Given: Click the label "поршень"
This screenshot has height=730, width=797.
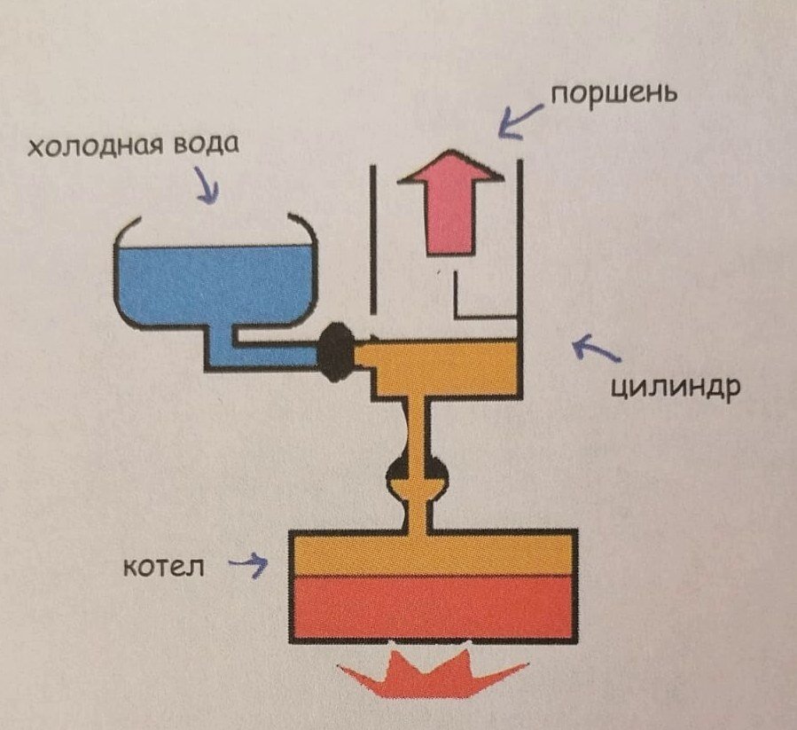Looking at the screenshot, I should [613, 93].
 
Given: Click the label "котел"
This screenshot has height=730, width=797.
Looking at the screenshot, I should [163, 565].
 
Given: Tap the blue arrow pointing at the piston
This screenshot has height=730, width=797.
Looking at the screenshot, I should [518, 118].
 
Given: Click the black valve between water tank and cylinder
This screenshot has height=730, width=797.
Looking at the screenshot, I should [335, 352].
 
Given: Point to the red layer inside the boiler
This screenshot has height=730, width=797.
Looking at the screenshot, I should [434, 608].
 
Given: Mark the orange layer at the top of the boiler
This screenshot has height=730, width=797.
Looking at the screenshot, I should [434, 553].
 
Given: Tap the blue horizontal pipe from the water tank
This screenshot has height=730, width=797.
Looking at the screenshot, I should [266, 355].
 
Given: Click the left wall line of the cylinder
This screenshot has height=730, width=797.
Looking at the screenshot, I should [373, 239].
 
